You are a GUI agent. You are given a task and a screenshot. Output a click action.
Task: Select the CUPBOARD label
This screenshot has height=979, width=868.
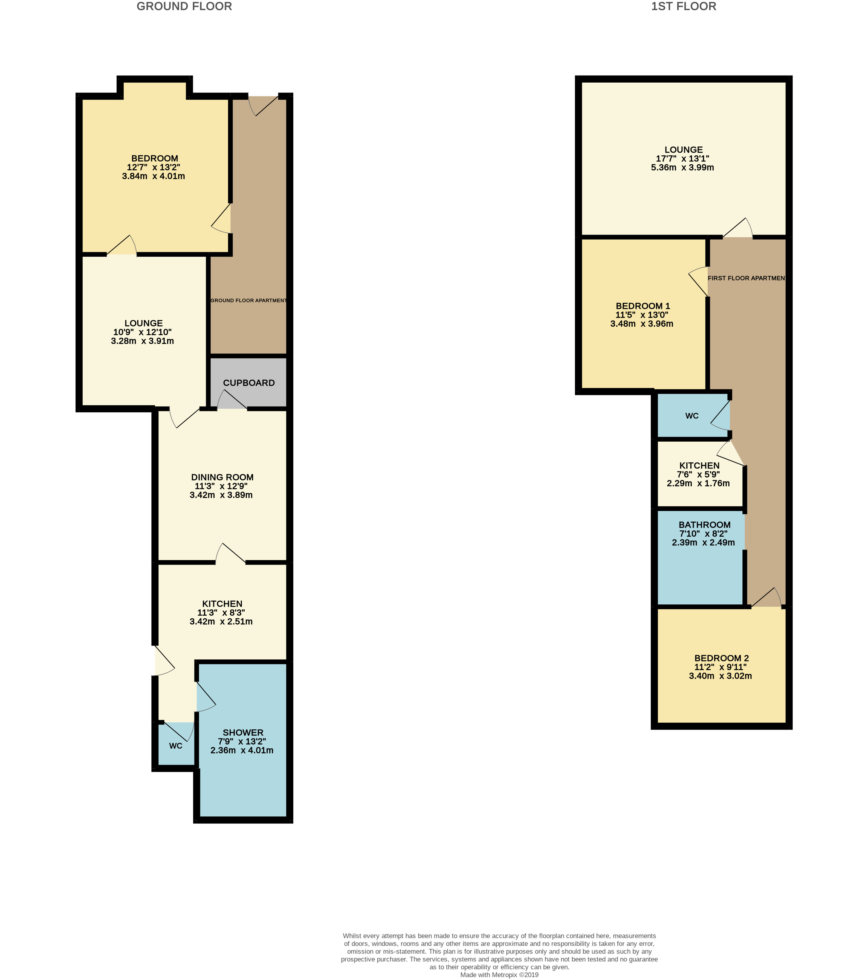tap(249, 383)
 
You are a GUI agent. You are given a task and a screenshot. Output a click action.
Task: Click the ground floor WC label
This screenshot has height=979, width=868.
tap(175, 746)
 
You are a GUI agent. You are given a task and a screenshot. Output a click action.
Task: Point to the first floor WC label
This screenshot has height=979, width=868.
tap(692, 416)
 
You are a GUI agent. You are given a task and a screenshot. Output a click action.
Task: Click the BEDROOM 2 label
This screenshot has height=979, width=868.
tap(721, 658)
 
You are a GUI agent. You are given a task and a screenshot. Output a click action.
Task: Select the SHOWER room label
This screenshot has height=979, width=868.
tap(243, 732)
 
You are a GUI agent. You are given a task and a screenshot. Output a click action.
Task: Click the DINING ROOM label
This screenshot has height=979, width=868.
tap(222, 477)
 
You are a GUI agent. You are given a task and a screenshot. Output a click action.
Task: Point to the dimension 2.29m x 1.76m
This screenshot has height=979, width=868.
tap(698, 483)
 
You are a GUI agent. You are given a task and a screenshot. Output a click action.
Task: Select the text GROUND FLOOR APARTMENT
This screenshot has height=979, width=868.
tap(249, 300)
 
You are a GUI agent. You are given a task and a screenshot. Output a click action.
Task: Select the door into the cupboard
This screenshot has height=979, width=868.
tap(232, 400)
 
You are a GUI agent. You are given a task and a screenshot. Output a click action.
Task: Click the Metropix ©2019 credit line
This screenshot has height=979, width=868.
tap(499, 975)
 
